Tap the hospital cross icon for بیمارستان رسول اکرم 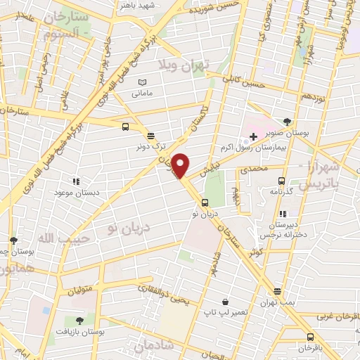253,135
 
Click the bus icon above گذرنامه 282,181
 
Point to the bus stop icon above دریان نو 205,202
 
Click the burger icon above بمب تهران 278,291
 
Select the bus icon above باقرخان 309,337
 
